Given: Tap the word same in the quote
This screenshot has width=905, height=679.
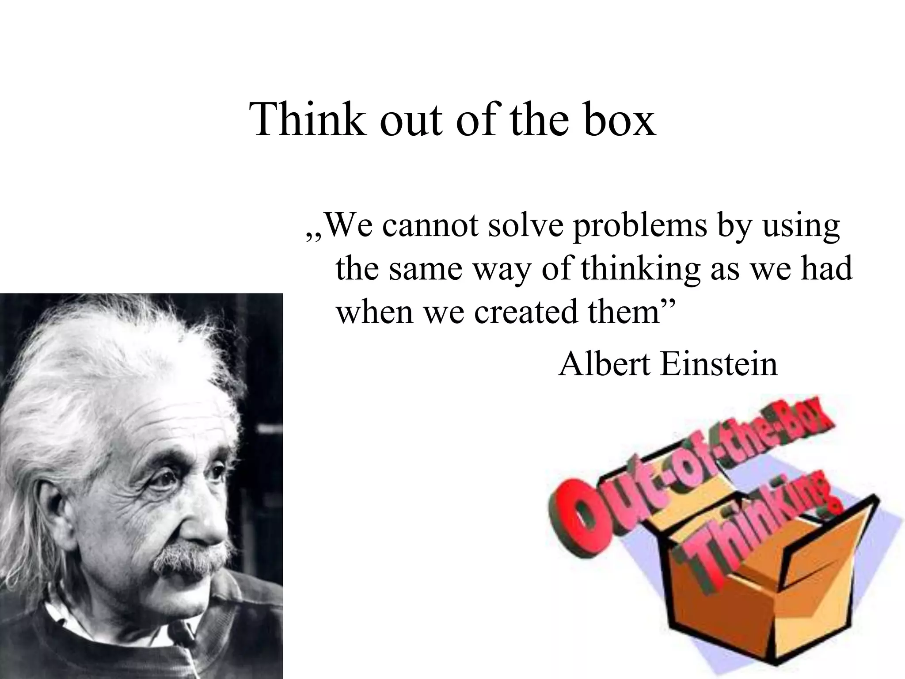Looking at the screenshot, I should click(x=427, y=270).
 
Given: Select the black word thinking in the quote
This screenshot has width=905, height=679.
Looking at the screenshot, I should click(x=641, y=270).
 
